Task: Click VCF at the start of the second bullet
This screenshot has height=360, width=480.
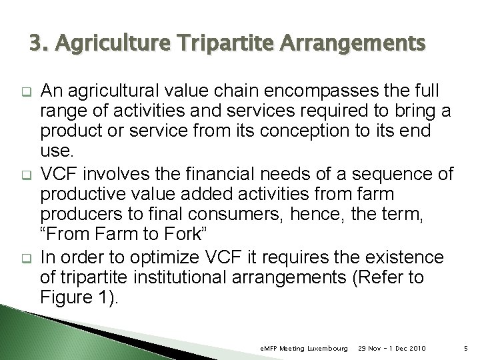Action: coord(59,175)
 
